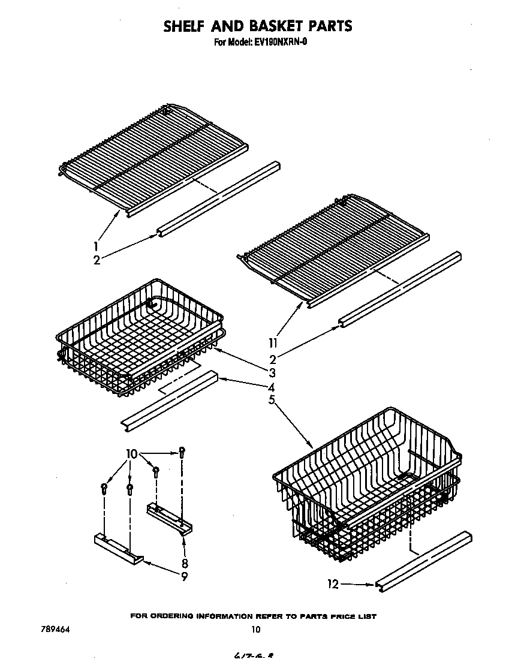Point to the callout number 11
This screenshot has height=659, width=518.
coord(273,344)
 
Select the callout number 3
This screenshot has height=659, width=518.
coord(272,372)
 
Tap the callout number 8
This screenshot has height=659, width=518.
coord(185,563)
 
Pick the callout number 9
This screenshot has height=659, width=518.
coord(185,576)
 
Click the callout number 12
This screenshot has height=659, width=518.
coord(333,583)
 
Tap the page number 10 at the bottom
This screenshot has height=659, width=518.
coord(256,630)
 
